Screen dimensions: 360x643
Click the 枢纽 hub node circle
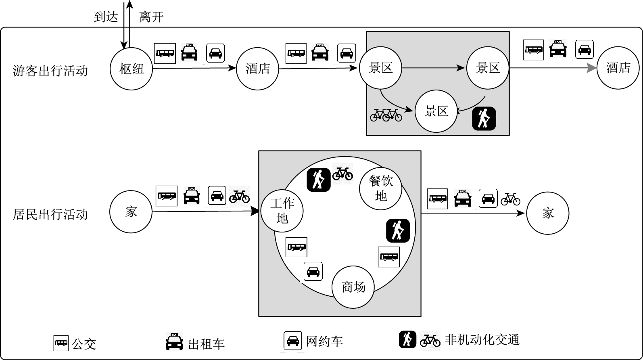click(x=132, y=69)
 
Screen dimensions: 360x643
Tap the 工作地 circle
click(x=282, y=211)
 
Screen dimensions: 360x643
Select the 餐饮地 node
click(x=381, y=188)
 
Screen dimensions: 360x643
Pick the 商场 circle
click(x=353, y=287)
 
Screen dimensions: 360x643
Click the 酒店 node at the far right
click(x=618, y=67)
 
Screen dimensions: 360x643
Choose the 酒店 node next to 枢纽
click(x=257, y=69)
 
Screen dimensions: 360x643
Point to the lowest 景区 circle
click(x=436, y=111)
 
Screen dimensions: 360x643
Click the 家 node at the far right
click(x=547, y=213)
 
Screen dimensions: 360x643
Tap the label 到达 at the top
click(x=106, y=17)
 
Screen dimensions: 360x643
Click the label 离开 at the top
click(x=151, y=17)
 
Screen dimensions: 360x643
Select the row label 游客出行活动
click(x=50, y=71)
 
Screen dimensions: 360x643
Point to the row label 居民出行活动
click(x=50, y=214)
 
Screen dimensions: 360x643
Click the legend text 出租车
click(x=206, y=344)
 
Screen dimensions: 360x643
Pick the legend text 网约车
click(x=324, y=341)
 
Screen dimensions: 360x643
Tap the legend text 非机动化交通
click(x=482, y=340)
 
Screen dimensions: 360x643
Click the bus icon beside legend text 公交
click(x=61, y=343)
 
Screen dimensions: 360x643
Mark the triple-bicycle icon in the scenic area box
click(x=386, y=115)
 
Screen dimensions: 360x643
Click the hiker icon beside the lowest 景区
click(x=484, y=119)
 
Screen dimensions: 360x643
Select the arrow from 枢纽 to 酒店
click(x=194, y=68)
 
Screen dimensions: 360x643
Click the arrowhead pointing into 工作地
click(x=255, y=211)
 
